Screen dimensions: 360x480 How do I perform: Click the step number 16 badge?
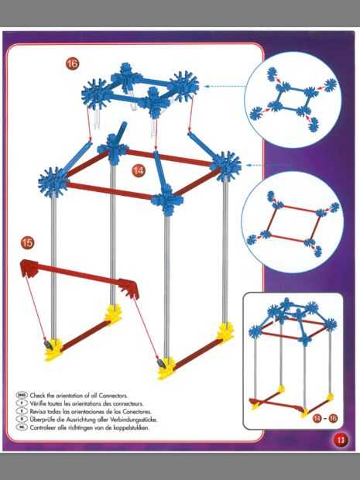tap(72, 63)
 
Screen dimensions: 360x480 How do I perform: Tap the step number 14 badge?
tap(139, 170)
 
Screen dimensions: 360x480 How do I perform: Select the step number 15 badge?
tap(27, 243)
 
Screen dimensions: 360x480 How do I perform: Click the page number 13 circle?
tap(341, 441)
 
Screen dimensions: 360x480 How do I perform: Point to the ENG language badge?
tap(22, 395)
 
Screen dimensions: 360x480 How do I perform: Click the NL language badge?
tap(22, 427)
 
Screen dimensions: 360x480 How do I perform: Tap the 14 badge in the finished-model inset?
tap(317, 418)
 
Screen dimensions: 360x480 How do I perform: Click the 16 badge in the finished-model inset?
tap(333, 418)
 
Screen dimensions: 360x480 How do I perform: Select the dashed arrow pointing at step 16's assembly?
tap(225, 87)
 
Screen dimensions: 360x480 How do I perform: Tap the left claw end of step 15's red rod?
tap(29, 268)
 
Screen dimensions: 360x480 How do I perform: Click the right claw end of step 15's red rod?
tap(129, 288)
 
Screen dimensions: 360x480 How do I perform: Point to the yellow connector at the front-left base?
tap(53, 350)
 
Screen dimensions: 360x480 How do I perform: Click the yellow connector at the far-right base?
tap(225, 333)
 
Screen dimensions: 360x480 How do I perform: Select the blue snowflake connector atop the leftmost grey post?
tap(53, 182)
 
